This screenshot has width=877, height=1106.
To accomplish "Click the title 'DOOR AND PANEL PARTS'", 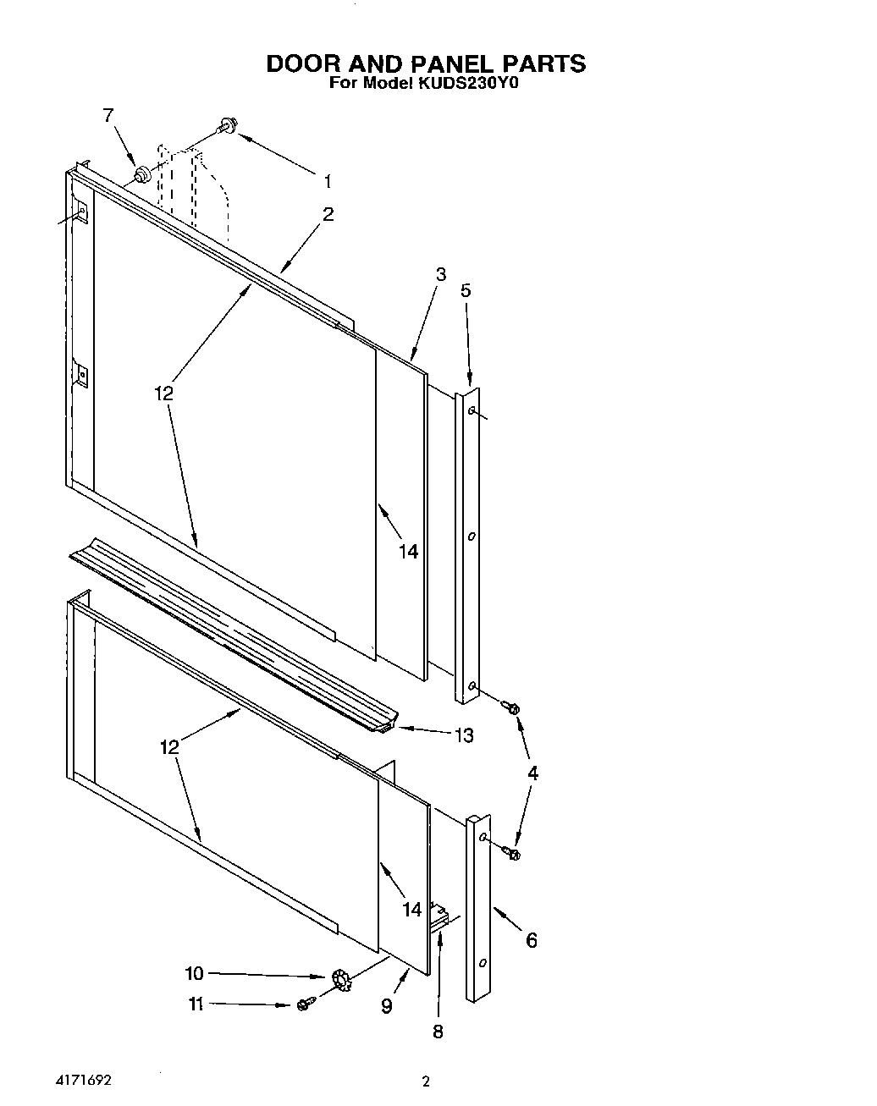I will coord(426,63).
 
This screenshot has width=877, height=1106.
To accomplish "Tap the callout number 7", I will coord(108,116).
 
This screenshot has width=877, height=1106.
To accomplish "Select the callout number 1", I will coord(327,180).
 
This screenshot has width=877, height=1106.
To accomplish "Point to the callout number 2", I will coord(328,214).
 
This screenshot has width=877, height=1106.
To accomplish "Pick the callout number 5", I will coord(466,290).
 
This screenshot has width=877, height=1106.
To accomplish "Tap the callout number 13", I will coord(464,735).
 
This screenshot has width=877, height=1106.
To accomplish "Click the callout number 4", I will coord(532,773).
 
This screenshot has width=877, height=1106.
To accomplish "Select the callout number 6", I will coord(532,939).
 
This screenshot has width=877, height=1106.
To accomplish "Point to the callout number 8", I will coord(438,1031).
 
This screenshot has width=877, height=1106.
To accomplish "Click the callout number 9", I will coord(386,1006).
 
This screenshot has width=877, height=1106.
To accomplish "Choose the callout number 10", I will coord(195,973).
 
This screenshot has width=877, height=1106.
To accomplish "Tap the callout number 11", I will coord(196,1004).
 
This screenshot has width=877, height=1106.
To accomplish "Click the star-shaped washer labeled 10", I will coord(342,980).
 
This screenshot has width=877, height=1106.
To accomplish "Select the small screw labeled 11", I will coord(306,1004).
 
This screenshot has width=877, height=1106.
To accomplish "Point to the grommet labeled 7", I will coord(142,175).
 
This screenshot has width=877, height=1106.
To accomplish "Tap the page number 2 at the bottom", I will coord(426,1081).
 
